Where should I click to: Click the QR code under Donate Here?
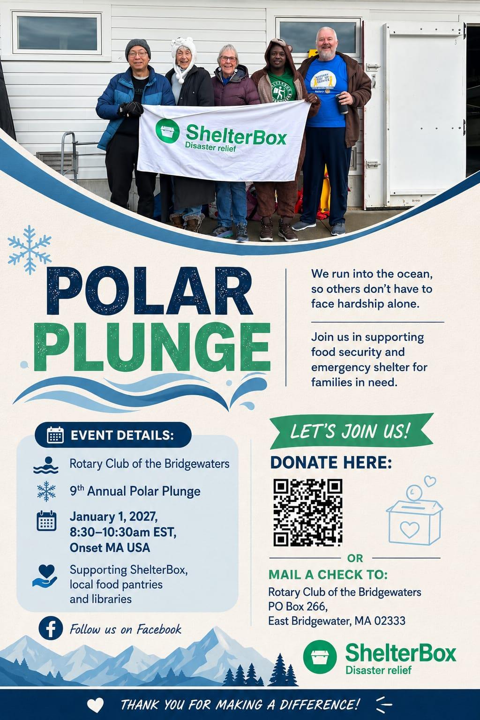(307, 513)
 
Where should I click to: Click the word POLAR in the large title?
(150, 291)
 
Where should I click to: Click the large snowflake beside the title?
(29, 250)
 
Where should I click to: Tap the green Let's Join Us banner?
(352, 431)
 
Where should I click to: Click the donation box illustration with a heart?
(414, 511)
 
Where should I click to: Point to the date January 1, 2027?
(113, 517)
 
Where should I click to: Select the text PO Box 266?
(298, 606)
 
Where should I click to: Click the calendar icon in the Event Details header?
(55, 435)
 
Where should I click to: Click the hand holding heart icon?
(45, 576)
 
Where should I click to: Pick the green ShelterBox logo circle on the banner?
(167, 131)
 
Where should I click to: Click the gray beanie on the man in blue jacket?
(138, 47)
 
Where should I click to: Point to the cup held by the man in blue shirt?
(342, 104)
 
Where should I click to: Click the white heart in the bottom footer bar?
(96, 705)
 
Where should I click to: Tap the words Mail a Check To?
(328, 575)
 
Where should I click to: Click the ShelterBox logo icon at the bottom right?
(320, 657)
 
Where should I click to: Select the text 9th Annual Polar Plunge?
(135, 491)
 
